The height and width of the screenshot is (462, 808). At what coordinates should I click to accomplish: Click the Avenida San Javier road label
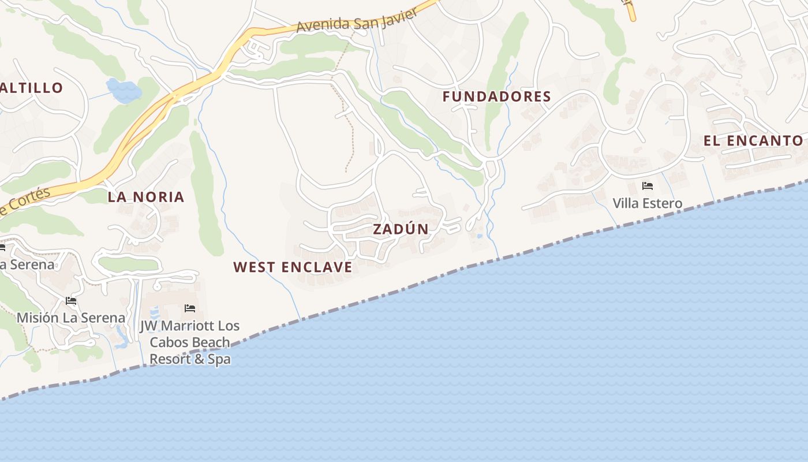coord(356,20)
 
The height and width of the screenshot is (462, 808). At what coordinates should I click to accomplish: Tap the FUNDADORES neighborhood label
coord(496,97)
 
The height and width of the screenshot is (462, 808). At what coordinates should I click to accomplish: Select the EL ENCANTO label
coord(753,141)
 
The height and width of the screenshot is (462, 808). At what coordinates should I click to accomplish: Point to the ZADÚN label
coord(401,229)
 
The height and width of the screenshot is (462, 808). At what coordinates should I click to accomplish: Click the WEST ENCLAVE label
coord(293,267)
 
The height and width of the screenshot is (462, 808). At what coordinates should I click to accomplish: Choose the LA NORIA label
coord(146,197)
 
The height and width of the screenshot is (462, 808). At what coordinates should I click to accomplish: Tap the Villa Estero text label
coord(647,203)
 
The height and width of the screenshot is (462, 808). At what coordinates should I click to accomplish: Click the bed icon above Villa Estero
coord(648,186)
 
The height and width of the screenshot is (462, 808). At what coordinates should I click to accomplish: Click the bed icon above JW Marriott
coord(190,308)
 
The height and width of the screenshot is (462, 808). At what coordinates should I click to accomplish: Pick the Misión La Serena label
coord(70,318)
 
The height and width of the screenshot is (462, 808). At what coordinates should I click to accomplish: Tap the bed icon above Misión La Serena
coord(71,301)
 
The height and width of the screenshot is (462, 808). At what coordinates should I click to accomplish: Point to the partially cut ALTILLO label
coord(31,88)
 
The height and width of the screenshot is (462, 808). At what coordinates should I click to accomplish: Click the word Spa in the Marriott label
coord(219,359)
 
